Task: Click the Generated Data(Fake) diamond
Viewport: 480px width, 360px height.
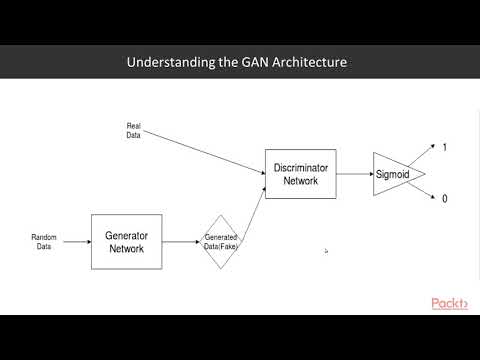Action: point(225,241)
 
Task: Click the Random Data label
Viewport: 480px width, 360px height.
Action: point(43,241)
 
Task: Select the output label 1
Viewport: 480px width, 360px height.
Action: point(445,147)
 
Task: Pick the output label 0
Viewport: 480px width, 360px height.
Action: point(445,199)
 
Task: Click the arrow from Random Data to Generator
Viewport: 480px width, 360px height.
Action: point(75,241)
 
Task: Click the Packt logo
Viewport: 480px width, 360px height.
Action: point(450,303)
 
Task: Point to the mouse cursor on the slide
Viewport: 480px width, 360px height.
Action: point(326,251)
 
